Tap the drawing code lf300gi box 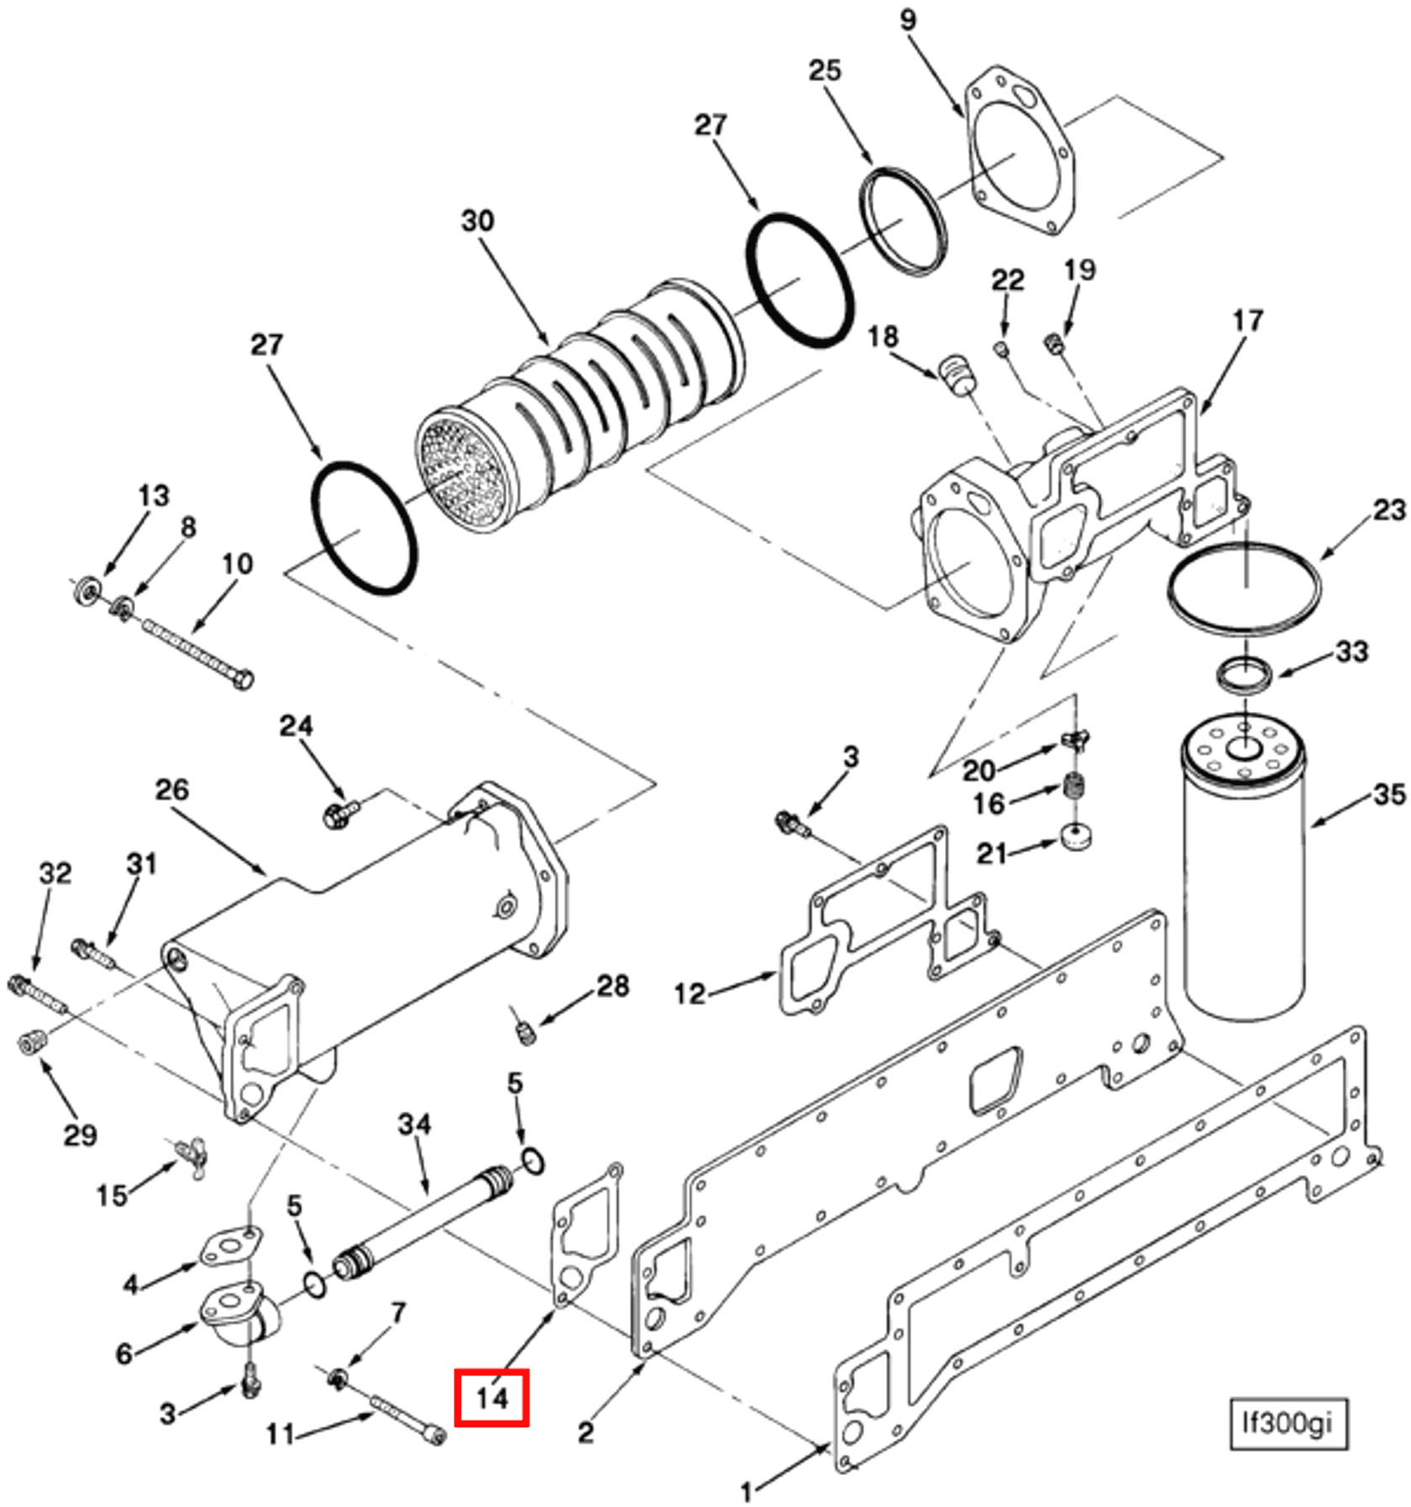tap(1288, 1424)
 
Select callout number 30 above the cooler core tap(477, 221)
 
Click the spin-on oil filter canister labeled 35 tap(1243, 882)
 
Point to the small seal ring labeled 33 tap(1244, 674)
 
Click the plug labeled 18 tap(955, 374)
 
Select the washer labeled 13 tap(85, 591)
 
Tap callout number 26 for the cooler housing tap(172, 790)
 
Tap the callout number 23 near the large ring tap(1389, 510)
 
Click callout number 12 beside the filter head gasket tap(690, 994)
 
